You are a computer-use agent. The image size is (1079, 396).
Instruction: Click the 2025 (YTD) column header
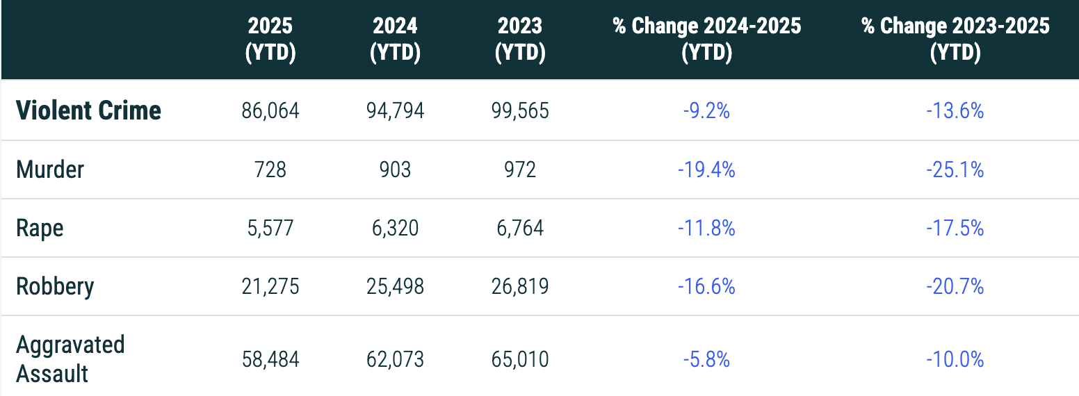[x=270, y=40]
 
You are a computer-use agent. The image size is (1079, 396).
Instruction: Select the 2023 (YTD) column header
[x=520, y=40]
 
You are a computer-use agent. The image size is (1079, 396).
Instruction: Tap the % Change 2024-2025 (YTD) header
[x=706, y=40]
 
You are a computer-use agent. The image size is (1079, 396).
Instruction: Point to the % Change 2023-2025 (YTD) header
[x=955, y=40]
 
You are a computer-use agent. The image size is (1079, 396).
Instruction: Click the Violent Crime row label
[x=88, y=110]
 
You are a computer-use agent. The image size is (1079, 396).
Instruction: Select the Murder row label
[x=50, y=170]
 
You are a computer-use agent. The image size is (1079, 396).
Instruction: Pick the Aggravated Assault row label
[x=70, y=359]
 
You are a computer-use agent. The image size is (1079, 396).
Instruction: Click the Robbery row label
[x=55, y=286]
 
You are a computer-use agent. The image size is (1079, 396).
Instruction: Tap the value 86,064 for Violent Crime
[x=270, y=111]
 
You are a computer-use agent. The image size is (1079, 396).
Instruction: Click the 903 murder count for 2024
[x=395, y=170]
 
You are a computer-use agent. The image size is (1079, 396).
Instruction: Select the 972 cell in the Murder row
[x=520, y=170]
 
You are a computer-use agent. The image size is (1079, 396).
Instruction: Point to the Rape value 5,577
[x=270, y=228]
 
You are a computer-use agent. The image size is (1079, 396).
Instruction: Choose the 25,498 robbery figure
[x=395, y=286]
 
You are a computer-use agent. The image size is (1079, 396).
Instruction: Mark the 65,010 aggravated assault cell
[x=520, y=359]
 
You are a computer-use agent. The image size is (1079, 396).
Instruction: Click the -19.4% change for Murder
[x=706, y=170]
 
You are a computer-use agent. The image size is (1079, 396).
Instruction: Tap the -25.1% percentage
[x=955, y=170]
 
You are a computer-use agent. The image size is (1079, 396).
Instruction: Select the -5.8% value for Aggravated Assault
[x=706, y=359]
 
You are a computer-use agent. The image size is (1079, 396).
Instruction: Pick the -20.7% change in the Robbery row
[x=955, y=286]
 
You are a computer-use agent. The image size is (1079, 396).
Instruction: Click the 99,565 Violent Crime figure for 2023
[x=520, y=111]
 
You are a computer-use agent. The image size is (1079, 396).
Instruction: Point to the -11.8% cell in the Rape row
[x=706, y=228]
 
